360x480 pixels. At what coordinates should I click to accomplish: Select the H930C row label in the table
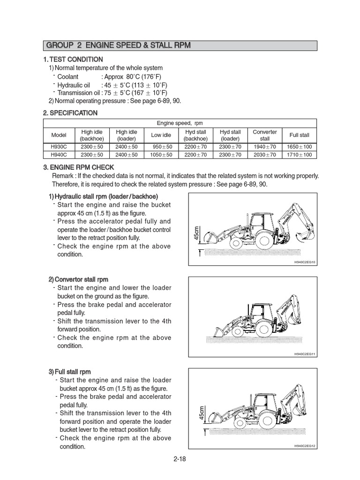pyautogui.click(x=59, y=147)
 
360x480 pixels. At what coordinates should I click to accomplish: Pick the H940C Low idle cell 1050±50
pyautogui.click(x=161, y=155)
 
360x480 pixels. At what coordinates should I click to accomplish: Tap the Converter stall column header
pyautogui.click(x=265, y=135)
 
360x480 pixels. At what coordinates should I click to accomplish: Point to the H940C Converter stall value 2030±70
pyautogui.click(x=265, y=155)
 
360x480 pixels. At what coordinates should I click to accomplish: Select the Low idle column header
pyautogui.click(x=161, y=135)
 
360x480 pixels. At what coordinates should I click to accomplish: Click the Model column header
pyautogui.click(x=59, y=135)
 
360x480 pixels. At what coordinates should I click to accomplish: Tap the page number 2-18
pyautogui.click(x=180, y=459)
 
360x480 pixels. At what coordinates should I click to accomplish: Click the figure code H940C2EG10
pyautogui.click(x=305, y=262)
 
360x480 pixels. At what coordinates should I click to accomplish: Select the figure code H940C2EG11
pyautogui.click(x=305, y=354)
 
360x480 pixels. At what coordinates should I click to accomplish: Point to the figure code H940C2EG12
pyautogui.click(x=305, y=445)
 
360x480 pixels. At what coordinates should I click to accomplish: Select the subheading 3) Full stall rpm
pyautogui.click(x=70, y=371)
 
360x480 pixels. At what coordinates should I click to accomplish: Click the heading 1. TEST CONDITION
pyautogui.click(x=73, y=59)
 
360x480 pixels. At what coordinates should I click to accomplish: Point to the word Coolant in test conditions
pyautogui.click(x=68, y=76)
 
